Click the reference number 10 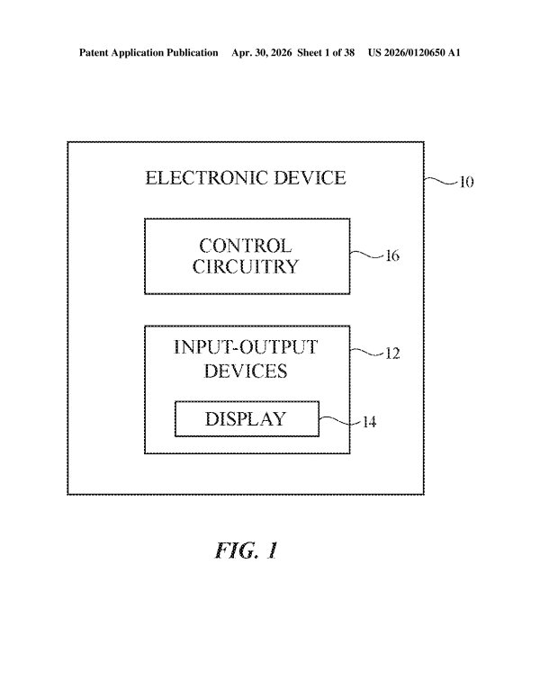[466, 182]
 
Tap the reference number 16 [392, 255]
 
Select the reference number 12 [392, 354]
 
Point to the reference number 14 [369, 422]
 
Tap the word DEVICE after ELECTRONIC [310, 178]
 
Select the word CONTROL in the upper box [246, 246]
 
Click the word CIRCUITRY [246, 266]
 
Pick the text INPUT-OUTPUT [246, 347]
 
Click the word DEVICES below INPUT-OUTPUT [246, 371]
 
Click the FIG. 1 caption [247, 551]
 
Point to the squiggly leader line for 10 [442, 180]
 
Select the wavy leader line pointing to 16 [367, 255]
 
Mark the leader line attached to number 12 [367, 352]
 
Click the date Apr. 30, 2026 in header [262, 52]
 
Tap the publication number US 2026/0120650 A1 [414, 52]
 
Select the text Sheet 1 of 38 [326, 52]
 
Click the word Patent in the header [94, 52]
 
